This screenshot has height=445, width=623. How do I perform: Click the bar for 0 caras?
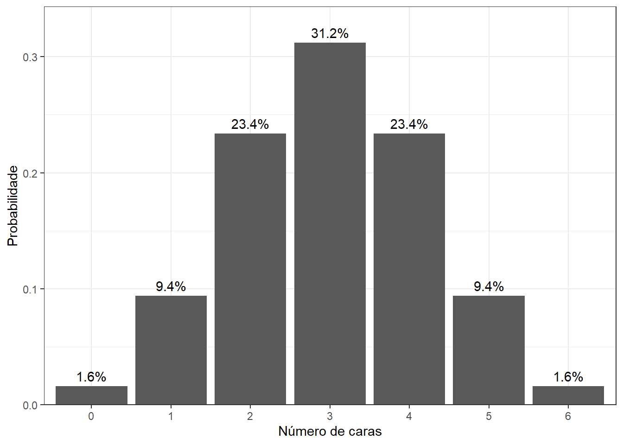pos(91,395)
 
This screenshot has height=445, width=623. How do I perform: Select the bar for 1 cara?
pos(171,350)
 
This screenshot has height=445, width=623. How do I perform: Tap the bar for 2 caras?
pos(250,269)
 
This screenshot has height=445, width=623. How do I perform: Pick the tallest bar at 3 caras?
pos(330,223)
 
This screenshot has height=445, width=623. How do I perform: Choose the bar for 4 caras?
pos(409,269)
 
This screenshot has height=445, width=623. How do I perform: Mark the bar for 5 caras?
pos(489,350)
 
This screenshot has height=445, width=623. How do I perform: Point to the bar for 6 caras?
pos(568,395)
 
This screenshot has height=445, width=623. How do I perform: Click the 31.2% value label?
pos(330,33)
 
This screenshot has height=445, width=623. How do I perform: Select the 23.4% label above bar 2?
pos(250,124)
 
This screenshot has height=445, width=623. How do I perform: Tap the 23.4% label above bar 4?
pos(409,124)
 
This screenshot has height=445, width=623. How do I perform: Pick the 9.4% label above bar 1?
pos(171,286)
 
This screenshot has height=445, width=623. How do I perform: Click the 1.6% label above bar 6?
pos(568,377)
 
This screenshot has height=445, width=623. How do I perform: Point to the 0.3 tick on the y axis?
pos(30,57)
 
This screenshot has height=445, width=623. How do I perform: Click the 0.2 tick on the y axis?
pos(30,174)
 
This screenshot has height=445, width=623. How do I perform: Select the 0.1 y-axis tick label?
pos(30,290)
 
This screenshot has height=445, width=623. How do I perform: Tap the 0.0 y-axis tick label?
pos(30,406)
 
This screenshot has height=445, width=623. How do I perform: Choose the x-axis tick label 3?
pos(330,416)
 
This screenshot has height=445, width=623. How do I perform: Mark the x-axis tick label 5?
pos(489,416)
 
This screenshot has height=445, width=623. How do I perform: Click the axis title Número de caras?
pos(330,432)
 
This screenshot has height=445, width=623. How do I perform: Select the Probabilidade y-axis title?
pos(13,206)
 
